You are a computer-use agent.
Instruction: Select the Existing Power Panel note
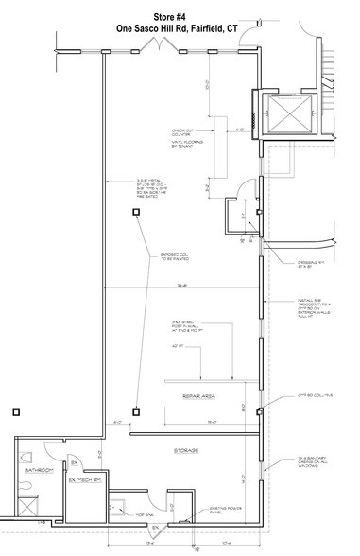211,508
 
